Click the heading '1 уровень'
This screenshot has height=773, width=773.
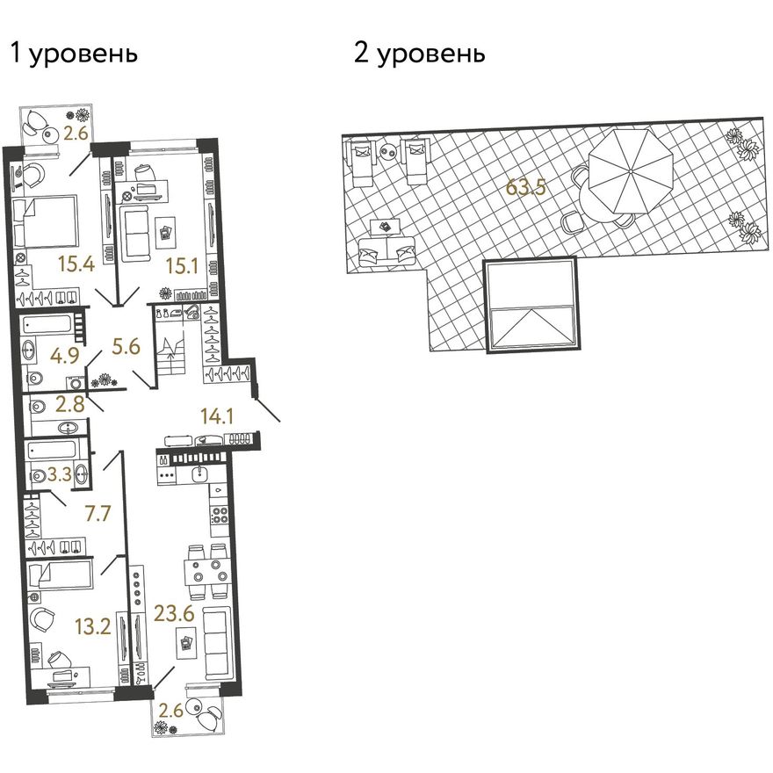click(x=74, y=54)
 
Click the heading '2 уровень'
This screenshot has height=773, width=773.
click(x=419, y=54)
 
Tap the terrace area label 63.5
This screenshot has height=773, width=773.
click(x=525, y=188)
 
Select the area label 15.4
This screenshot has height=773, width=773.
click(x=76, y=264)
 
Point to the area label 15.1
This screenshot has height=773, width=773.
click(x=182, y=266)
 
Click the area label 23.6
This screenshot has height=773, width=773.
click(x=174, y=613)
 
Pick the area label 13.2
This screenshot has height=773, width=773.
click(x=93, y=627)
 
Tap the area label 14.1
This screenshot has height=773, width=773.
click(x=217, y=417)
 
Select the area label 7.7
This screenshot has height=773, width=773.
click(x=98, y=514)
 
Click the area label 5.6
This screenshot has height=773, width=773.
click(x=126, y=347)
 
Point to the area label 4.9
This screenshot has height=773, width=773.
click(x=65, y=355)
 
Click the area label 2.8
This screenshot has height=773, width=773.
click(x=70, y=404)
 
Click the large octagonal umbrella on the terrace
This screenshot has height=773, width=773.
click(x=631, y=171)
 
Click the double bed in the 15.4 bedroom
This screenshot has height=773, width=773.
click(x=45, y=221)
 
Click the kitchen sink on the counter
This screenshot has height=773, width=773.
click(x=199, y=474)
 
